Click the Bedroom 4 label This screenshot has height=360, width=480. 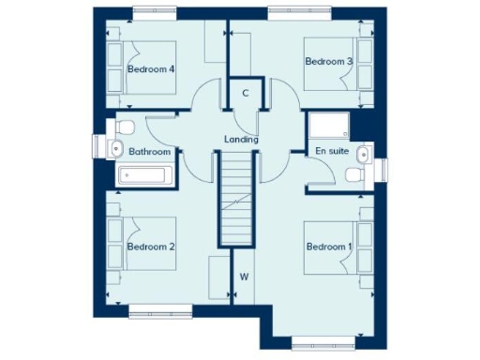(152, 69)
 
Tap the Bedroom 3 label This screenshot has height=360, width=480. (328, 61)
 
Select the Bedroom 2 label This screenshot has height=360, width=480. (152, 247)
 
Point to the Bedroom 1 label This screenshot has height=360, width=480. (328, 247)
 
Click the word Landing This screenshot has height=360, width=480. (241, 140)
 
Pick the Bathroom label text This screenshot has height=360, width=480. (149, 151)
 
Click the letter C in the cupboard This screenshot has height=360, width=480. (246, 93)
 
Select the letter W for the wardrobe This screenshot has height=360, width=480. (243, 277)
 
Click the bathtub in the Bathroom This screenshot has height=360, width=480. (143, 175)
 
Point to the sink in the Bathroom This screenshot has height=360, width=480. (115, 148)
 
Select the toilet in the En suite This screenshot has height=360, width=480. (354, 174)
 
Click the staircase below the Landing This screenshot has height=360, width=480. (237, 202)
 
